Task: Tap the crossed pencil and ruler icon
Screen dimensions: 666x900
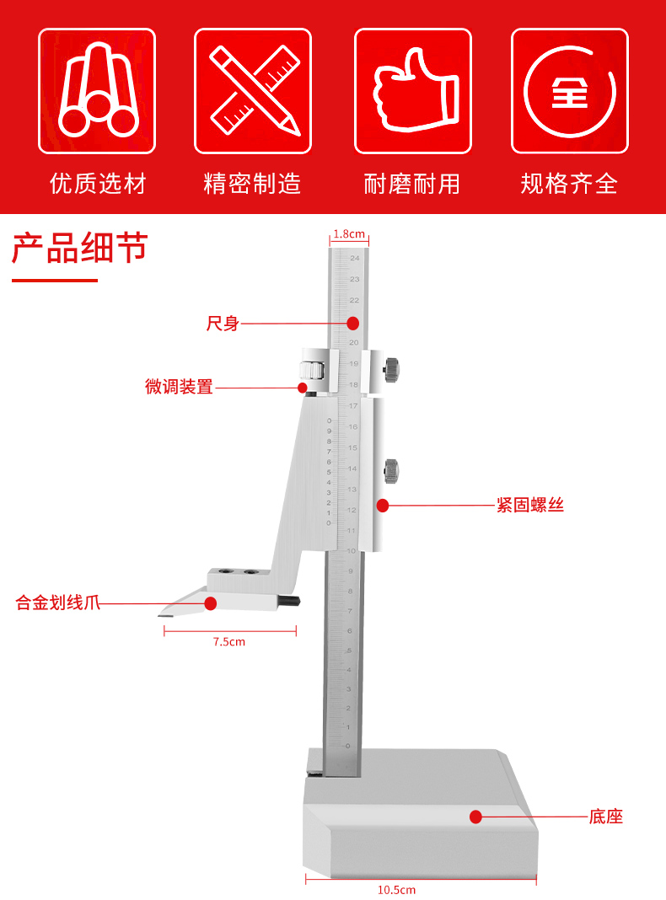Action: pos(254,91)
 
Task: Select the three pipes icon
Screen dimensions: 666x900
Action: pos(98,91)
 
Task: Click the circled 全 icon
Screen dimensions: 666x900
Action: pos(570,91)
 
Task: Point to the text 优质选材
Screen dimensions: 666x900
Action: pos(98,183)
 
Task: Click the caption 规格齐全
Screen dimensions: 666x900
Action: pos(570,183)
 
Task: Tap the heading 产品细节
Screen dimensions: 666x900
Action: pos(79,249)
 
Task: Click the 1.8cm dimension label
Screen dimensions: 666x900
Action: pos(348,233)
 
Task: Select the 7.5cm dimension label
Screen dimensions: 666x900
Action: pos(228,642)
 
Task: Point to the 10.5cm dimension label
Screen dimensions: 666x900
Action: pos(396,890)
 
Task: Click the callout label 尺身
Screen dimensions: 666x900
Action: pos(223,324)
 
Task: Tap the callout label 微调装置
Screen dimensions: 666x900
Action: pos(179,388)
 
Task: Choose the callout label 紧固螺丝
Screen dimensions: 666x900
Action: pos(529,506)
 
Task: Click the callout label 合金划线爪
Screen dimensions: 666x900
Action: pos(58,603)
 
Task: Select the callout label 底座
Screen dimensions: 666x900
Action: pos(605,817)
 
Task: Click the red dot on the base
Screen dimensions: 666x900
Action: pos(475,817)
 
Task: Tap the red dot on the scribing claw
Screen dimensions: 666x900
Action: pos(211,603)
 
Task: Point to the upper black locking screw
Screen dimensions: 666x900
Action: pos(392,368)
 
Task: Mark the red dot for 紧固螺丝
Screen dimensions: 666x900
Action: pos(383,506)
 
